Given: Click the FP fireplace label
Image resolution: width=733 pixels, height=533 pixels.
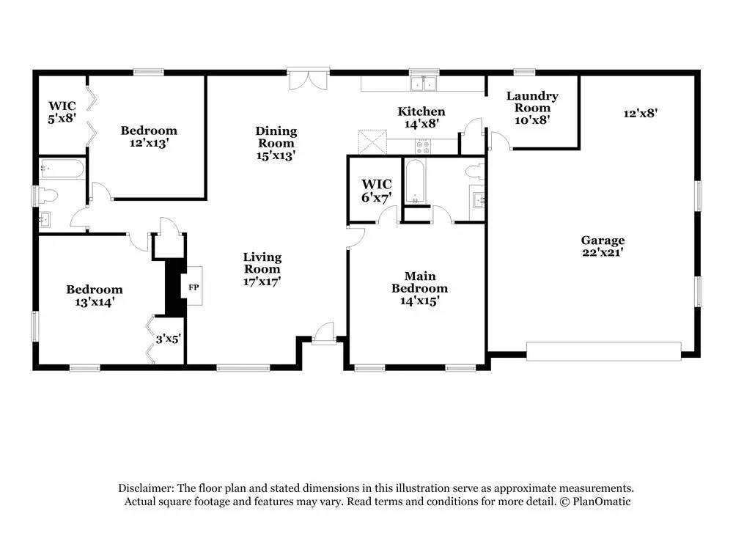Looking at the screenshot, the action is click(194, 287).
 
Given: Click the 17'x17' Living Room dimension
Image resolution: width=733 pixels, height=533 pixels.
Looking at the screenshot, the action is click(262, 281).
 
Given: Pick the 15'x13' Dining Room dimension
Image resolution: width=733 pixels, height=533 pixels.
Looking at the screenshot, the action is click(276, 155).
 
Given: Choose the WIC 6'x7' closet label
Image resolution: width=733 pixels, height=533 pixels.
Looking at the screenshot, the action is click(376, 191).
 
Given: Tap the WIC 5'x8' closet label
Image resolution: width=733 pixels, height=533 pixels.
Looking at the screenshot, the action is click(62, 111).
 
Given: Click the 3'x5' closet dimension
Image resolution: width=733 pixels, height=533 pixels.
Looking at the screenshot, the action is click(169, 339).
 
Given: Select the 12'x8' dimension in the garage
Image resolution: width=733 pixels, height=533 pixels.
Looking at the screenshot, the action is click(641, 113).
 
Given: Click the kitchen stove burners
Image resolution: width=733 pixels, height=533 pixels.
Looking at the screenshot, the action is click(423, 147).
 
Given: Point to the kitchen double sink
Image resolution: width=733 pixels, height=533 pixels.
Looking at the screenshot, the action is click(424, 84).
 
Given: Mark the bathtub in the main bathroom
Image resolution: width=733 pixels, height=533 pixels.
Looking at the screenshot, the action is click(415, 181).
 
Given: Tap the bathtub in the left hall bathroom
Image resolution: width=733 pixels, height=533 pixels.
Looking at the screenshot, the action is click(62, 169).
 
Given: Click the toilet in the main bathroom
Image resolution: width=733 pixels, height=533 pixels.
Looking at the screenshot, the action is click(476, 171).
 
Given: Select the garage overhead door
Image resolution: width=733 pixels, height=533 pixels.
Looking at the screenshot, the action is click(603, 351).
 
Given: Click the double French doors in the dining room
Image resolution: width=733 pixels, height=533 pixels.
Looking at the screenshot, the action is click(308, 79).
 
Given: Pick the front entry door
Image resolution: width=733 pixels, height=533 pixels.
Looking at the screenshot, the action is click(323, 333).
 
